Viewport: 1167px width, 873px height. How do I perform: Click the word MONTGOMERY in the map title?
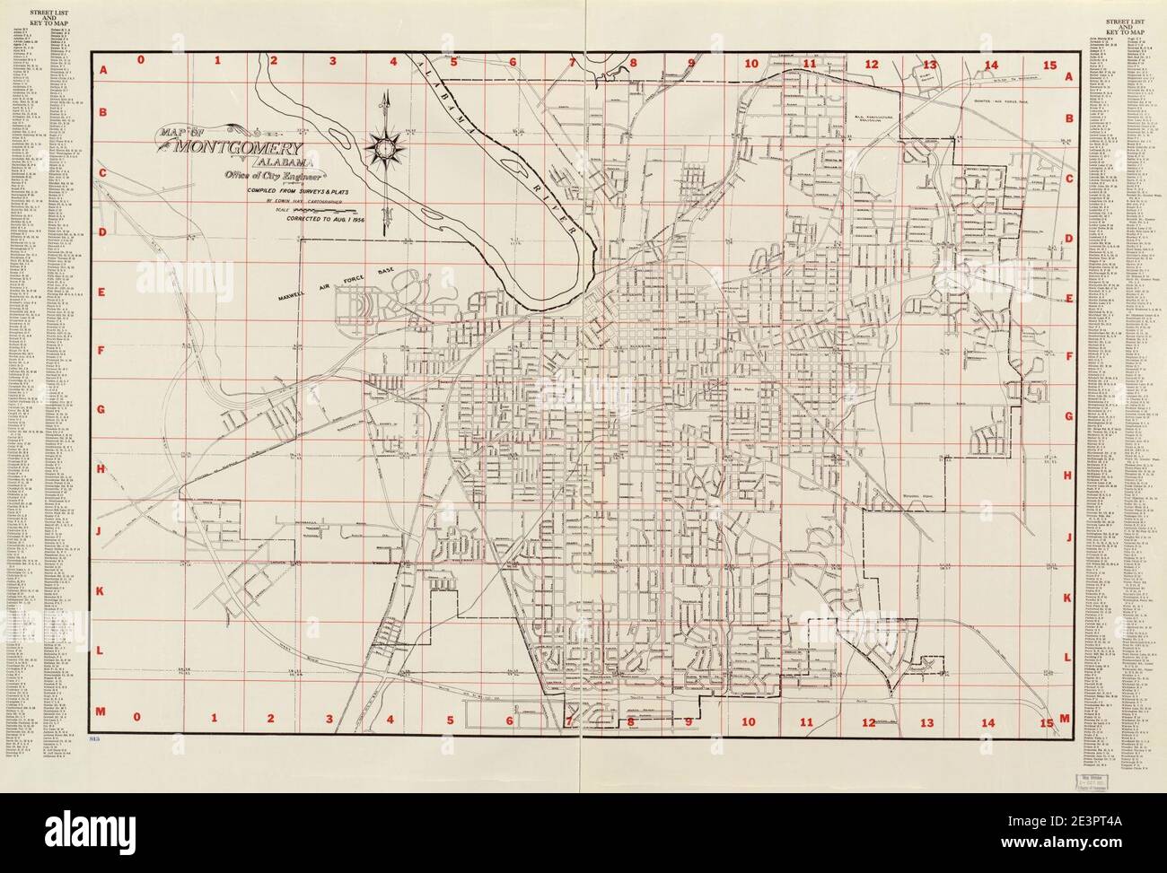tap(242, 149)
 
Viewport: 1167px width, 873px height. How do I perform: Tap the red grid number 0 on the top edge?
tap(139, 62)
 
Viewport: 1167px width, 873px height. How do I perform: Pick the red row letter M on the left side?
tap(102, 711)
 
